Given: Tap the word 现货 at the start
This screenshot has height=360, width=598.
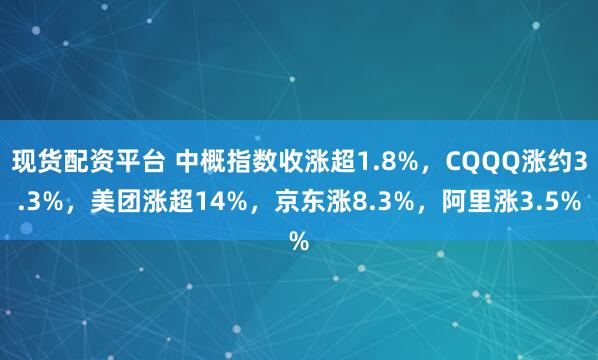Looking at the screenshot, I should (x=37, y=159).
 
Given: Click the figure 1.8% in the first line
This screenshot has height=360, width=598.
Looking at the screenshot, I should (x=382, y=159).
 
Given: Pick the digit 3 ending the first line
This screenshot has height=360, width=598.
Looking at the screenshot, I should (x=581, y=159).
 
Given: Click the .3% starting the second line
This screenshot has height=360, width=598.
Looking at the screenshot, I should (x=30, y=201).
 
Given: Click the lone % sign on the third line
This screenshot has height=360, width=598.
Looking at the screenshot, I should (x=299, y=241).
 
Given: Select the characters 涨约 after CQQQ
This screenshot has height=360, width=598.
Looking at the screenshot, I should (x=548, y=159).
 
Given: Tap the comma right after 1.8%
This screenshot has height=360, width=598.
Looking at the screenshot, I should (x=422, y=161).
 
